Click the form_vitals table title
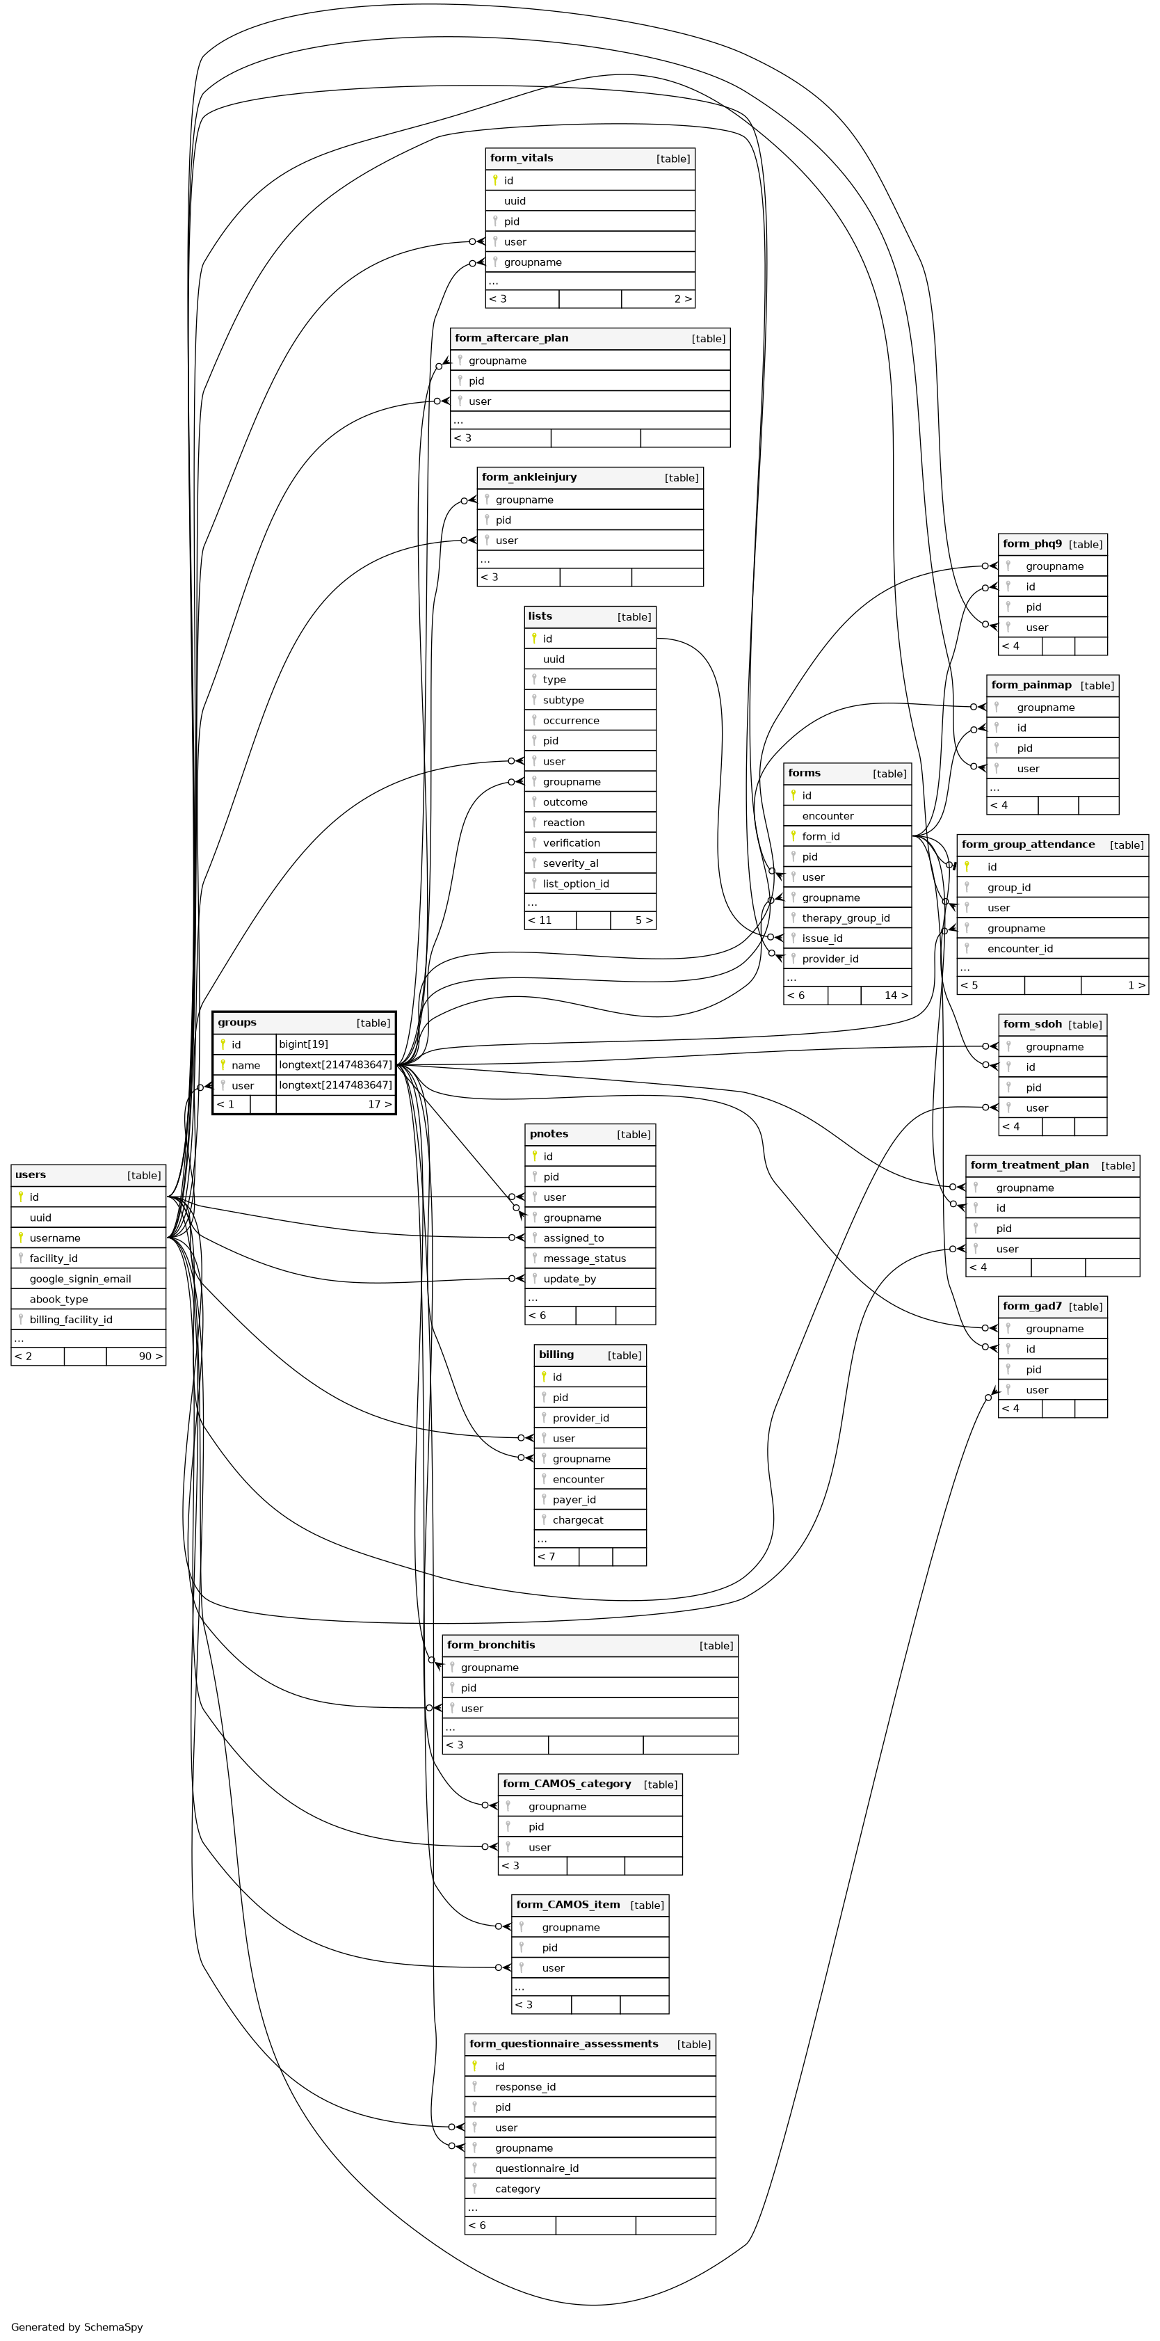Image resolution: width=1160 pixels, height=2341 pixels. tap(522, 158)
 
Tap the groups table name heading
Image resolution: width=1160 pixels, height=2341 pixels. tap(237, 1023)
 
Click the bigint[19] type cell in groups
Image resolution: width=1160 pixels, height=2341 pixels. tap(303, 1044)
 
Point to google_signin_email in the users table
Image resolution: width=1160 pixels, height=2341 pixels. tap(80, 1279)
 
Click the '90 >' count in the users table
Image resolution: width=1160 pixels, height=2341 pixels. tap(150, 1357)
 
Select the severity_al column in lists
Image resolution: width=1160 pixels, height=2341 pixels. tap(570, 863)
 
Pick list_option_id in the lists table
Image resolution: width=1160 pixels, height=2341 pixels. tap(576, 884)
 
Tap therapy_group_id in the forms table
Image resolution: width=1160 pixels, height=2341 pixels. tap(846, 918)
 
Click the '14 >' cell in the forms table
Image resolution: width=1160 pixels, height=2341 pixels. tap(896, 995)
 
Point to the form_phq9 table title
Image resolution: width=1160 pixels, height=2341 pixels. tap(1032, 543)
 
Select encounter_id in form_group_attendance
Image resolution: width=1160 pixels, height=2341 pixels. tap(1020, 949)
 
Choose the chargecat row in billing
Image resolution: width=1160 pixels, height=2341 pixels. tap(578, 1519)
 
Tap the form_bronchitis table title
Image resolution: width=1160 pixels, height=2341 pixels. tap(490, 1645)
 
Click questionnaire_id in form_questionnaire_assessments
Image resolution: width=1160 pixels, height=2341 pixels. tap(536, 2168)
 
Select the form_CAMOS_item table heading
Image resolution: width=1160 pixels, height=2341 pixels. tap(567, 1905)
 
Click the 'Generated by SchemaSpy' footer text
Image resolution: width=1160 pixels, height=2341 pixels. tap(77, 2327)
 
